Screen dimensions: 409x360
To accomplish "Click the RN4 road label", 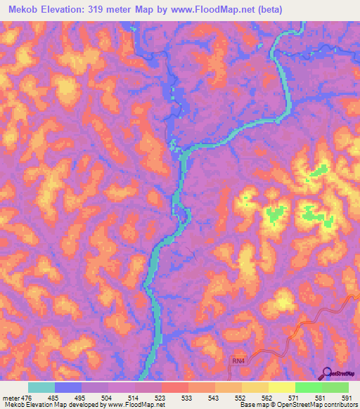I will pyautogui.click(x=240, y=361).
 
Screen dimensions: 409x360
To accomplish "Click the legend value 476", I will pyautogui.click(x=28, y=398).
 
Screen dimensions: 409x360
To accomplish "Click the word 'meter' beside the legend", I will pyautogui.click(x=11, y=398).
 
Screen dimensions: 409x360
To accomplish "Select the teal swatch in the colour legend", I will pyautogui.click(x=41, y=387).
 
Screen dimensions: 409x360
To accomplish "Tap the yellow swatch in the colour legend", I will pyautogui.click(x=282, y=387).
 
